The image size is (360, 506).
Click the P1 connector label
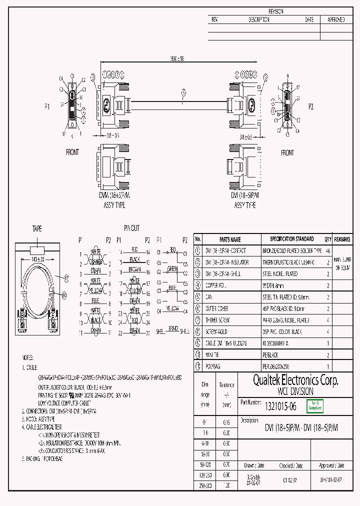click(47, 107)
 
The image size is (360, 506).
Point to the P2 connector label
click(311, 106)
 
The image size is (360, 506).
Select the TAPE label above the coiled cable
click(37, 228)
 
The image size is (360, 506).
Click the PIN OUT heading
click(132, 228)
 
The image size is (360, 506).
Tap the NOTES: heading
click(27, 358)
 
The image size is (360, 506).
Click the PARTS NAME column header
click(230, 239)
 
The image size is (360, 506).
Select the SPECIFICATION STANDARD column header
click(292, 239)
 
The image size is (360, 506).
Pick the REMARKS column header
click(342, 239)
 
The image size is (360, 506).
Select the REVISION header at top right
click(276, 11)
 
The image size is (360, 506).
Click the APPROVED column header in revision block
click(335, 19)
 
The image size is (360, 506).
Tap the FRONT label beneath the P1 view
click(72, 152)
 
